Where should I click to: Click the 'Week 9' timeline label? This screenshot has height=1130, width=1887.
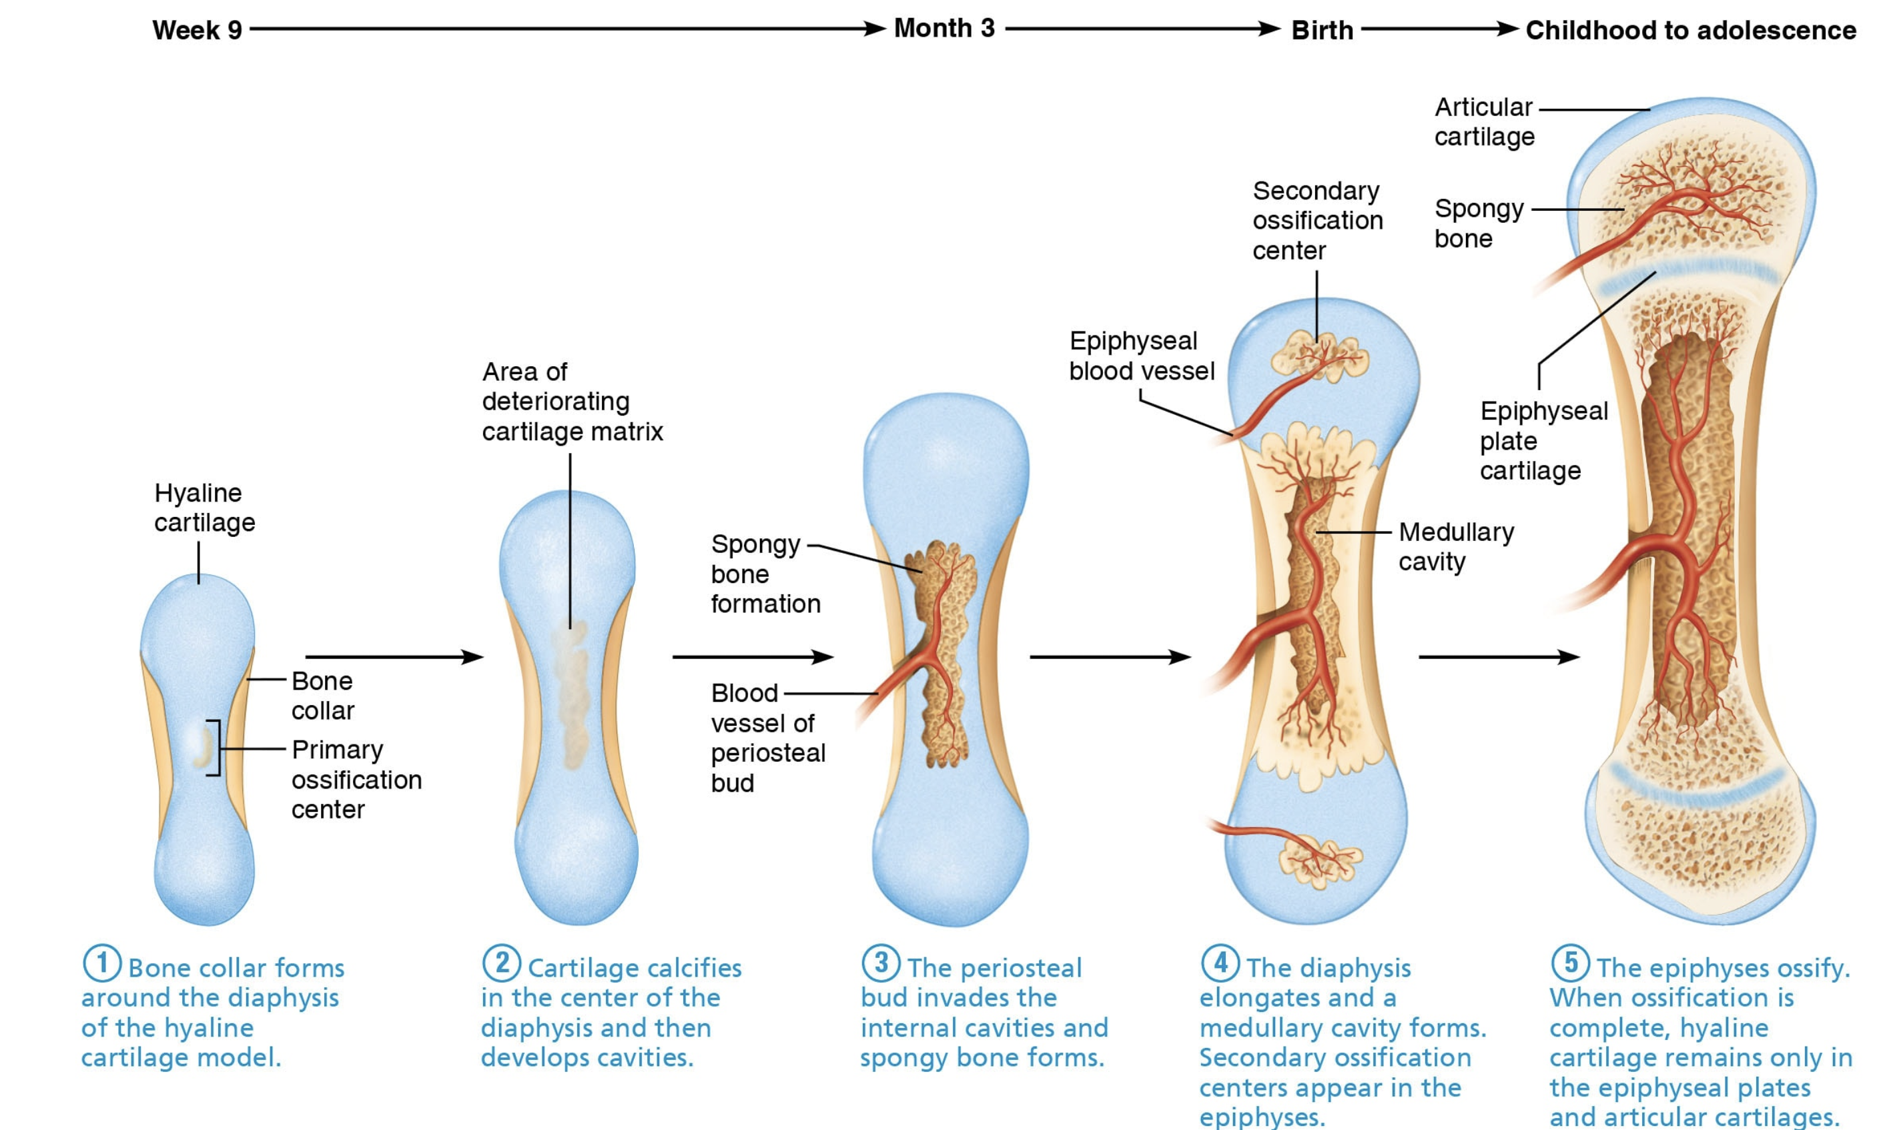pos(198,31)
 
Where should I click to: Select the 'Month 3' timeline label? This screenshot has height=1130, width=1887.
pos(943,29)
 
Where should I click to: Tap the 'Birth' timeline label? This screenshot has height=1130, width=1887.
pos(1322,31)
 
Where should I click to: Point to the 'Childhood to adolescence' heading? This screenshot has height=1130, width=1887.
pos(1691,31)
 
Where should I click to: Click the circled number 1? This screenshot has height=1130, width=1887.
pos(101,963)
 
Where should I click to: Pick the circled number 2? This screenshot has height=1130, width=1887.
pos(501,963)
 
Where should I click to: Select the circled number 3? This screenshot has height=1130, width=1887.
pos(880,963)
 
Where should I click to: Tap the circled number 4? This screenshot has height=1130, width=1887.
pos(1220,963)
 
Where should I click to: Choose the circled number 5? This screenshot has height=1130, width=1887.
pos(1570,963)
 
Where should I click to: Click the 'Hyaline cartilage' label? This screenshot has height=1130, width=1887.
pos(204,508)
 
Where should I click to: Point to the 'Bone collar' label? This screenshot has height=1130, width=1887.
pos(323,696)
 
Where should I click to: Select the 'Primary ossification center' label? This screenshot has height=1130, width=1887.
pos(356,780)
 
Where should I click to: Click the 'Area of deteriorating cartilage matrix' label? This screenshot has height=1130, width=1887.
pos(572,402)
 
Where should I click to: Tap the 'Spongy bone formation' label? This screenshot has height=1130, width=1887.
pos(765,574)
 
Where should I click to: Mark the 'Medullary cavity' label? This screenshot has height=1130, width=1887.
pos(1455,547)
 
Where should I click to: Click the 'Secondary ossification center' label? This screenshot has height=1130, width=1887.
pos(1316,220)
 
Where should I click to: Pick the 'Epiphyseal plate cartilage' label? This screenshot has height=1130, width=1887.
pos(1543,441)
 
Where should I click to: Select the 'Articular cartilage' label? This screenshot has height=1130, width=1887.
pos(1483,122)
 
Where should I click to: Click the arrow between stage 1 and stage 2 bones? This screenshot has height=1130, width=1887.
pos(394,656)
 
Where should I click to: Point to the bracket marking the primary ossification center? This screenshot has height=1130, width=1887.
pos(215,748)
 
